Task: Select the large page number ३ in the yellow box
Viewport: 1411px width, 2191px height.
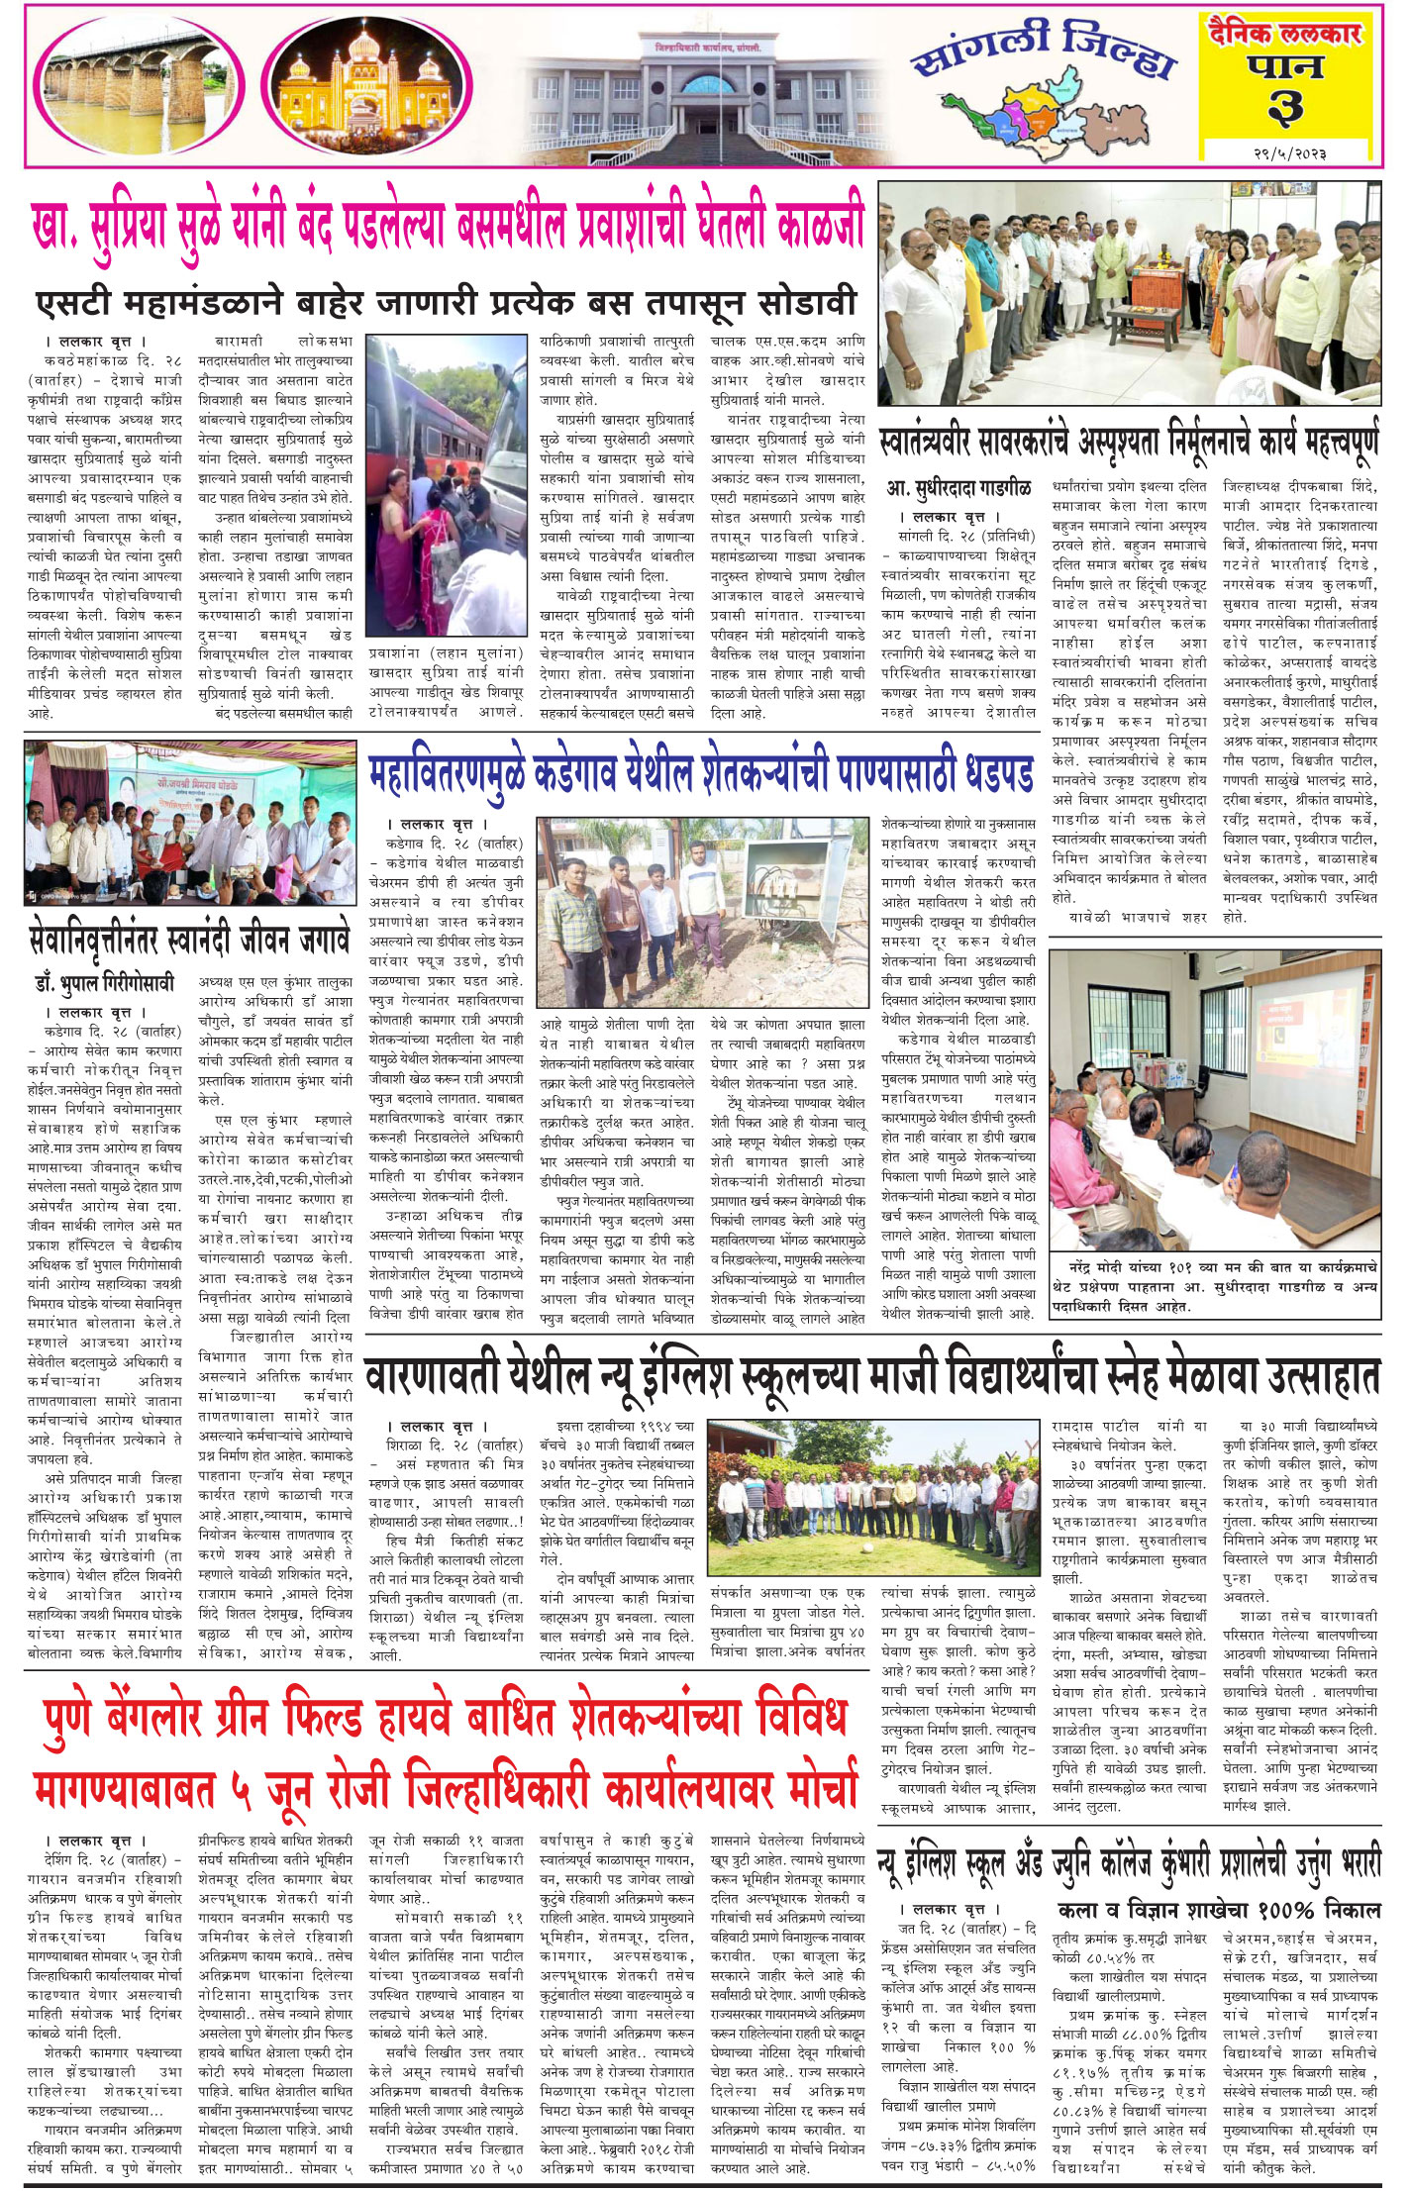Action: pos(1285,107)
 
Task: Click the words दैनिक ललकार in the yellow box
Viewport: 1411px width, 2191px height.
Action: pos(1285,34)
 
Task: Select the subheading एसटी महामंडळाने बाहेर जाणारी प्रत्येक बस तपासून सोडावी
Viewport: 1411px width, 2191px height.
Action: pos(446,301)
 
